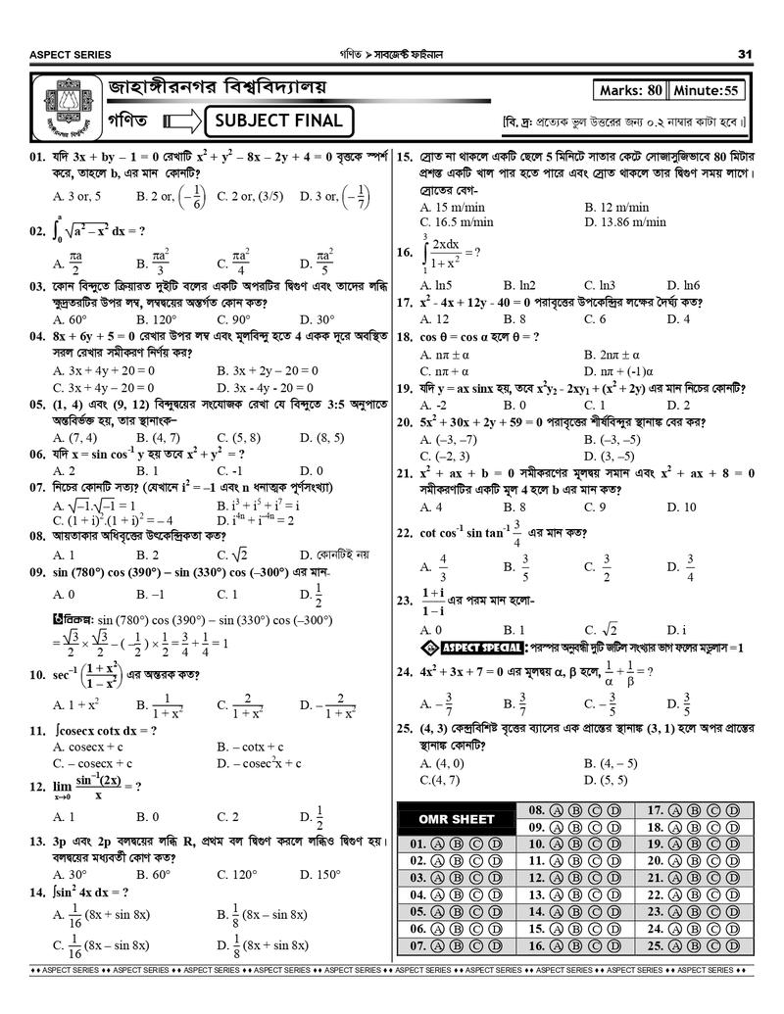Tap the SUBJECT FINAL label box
click(278, 121)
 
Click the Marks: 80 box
click(629, 91)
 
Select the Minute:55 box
click(707, 91)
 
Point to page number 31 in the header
click(745, 54)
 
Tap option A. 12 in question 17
click(433, 319)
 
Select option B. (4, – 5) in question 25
click(611, 763)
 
